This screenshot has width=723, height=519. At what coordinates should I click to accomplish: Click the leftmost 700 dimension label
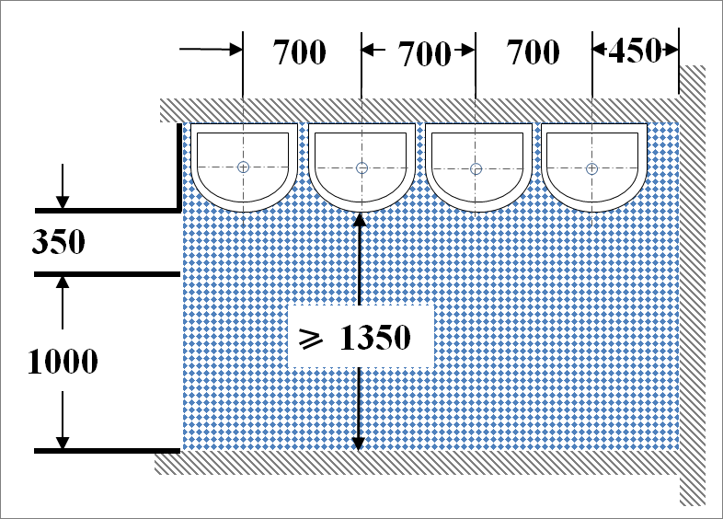coord(300,52)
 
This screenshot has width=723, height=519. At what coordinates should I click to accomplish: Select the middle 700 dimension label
coord(424,55)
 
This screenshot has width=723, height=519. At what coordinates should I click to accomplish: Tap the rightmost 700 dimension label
coord(533,52)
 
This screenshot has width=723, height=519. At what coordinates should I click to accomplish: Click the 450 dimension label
coord(635,52)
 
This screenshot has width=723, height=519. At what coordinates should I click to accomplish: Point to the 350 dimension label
coord(58,243)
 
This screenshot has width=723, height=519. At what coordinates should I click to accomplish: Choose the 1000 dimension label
coord(63,362)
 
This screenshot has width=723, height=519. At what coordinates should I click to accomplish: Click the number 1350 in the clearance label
coord(373,338)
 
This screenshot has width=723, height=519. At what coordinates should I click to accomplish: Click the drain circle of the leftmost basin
coord(243,167)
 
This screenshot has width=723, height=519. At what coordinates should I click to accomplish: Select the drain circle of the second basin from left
coord(361,167)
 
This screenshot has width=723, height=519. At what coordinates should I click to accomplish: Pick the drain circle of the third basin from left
coord(476,168)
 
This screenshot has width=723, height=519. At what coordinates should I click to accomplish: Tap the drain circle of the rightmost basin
coord(591,167)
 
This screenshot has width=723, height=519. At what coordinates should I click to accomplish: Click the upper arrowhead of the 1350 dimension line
coord(359,220)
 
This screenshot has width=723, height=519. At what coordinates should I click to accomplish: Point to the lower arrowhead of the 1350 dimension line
coord(359,443)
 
